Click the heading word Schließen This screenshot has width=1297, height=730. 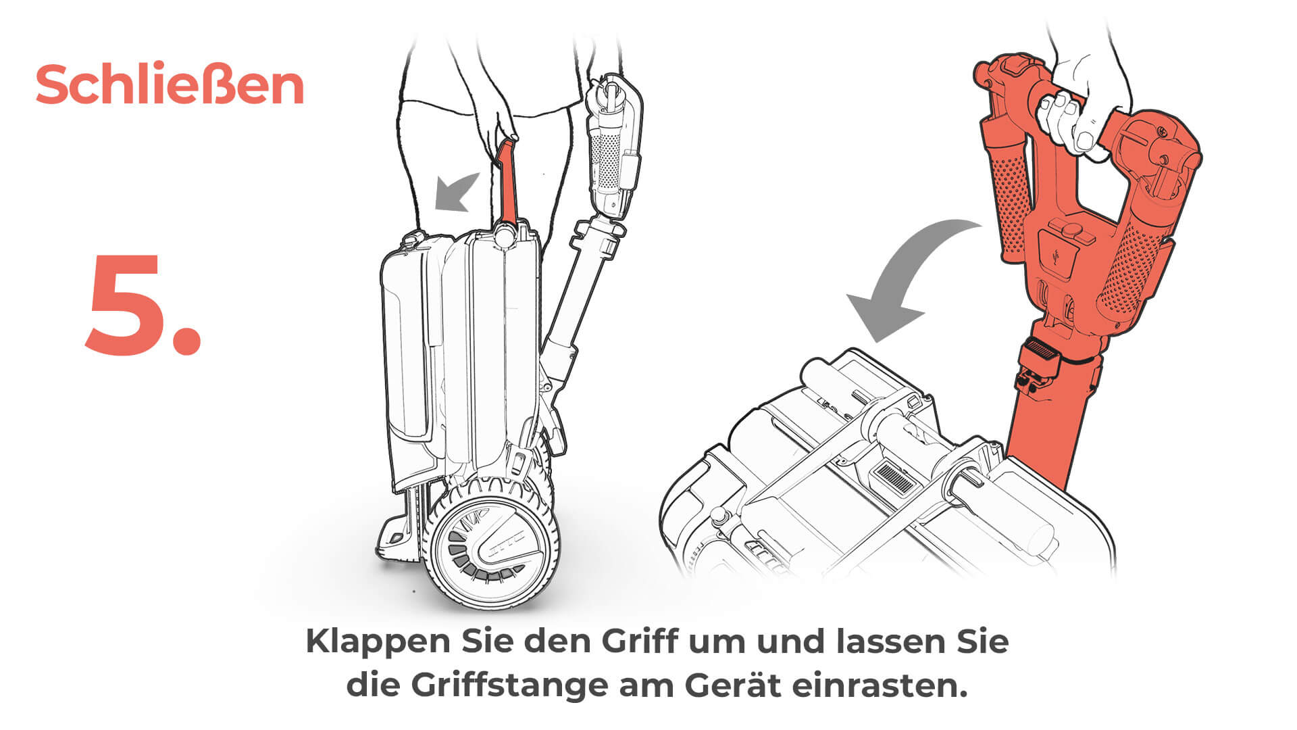170,84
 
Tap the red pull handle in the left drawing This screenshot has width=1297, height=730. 508,182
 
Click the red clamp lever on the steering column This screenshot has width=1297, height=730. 1039,365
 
